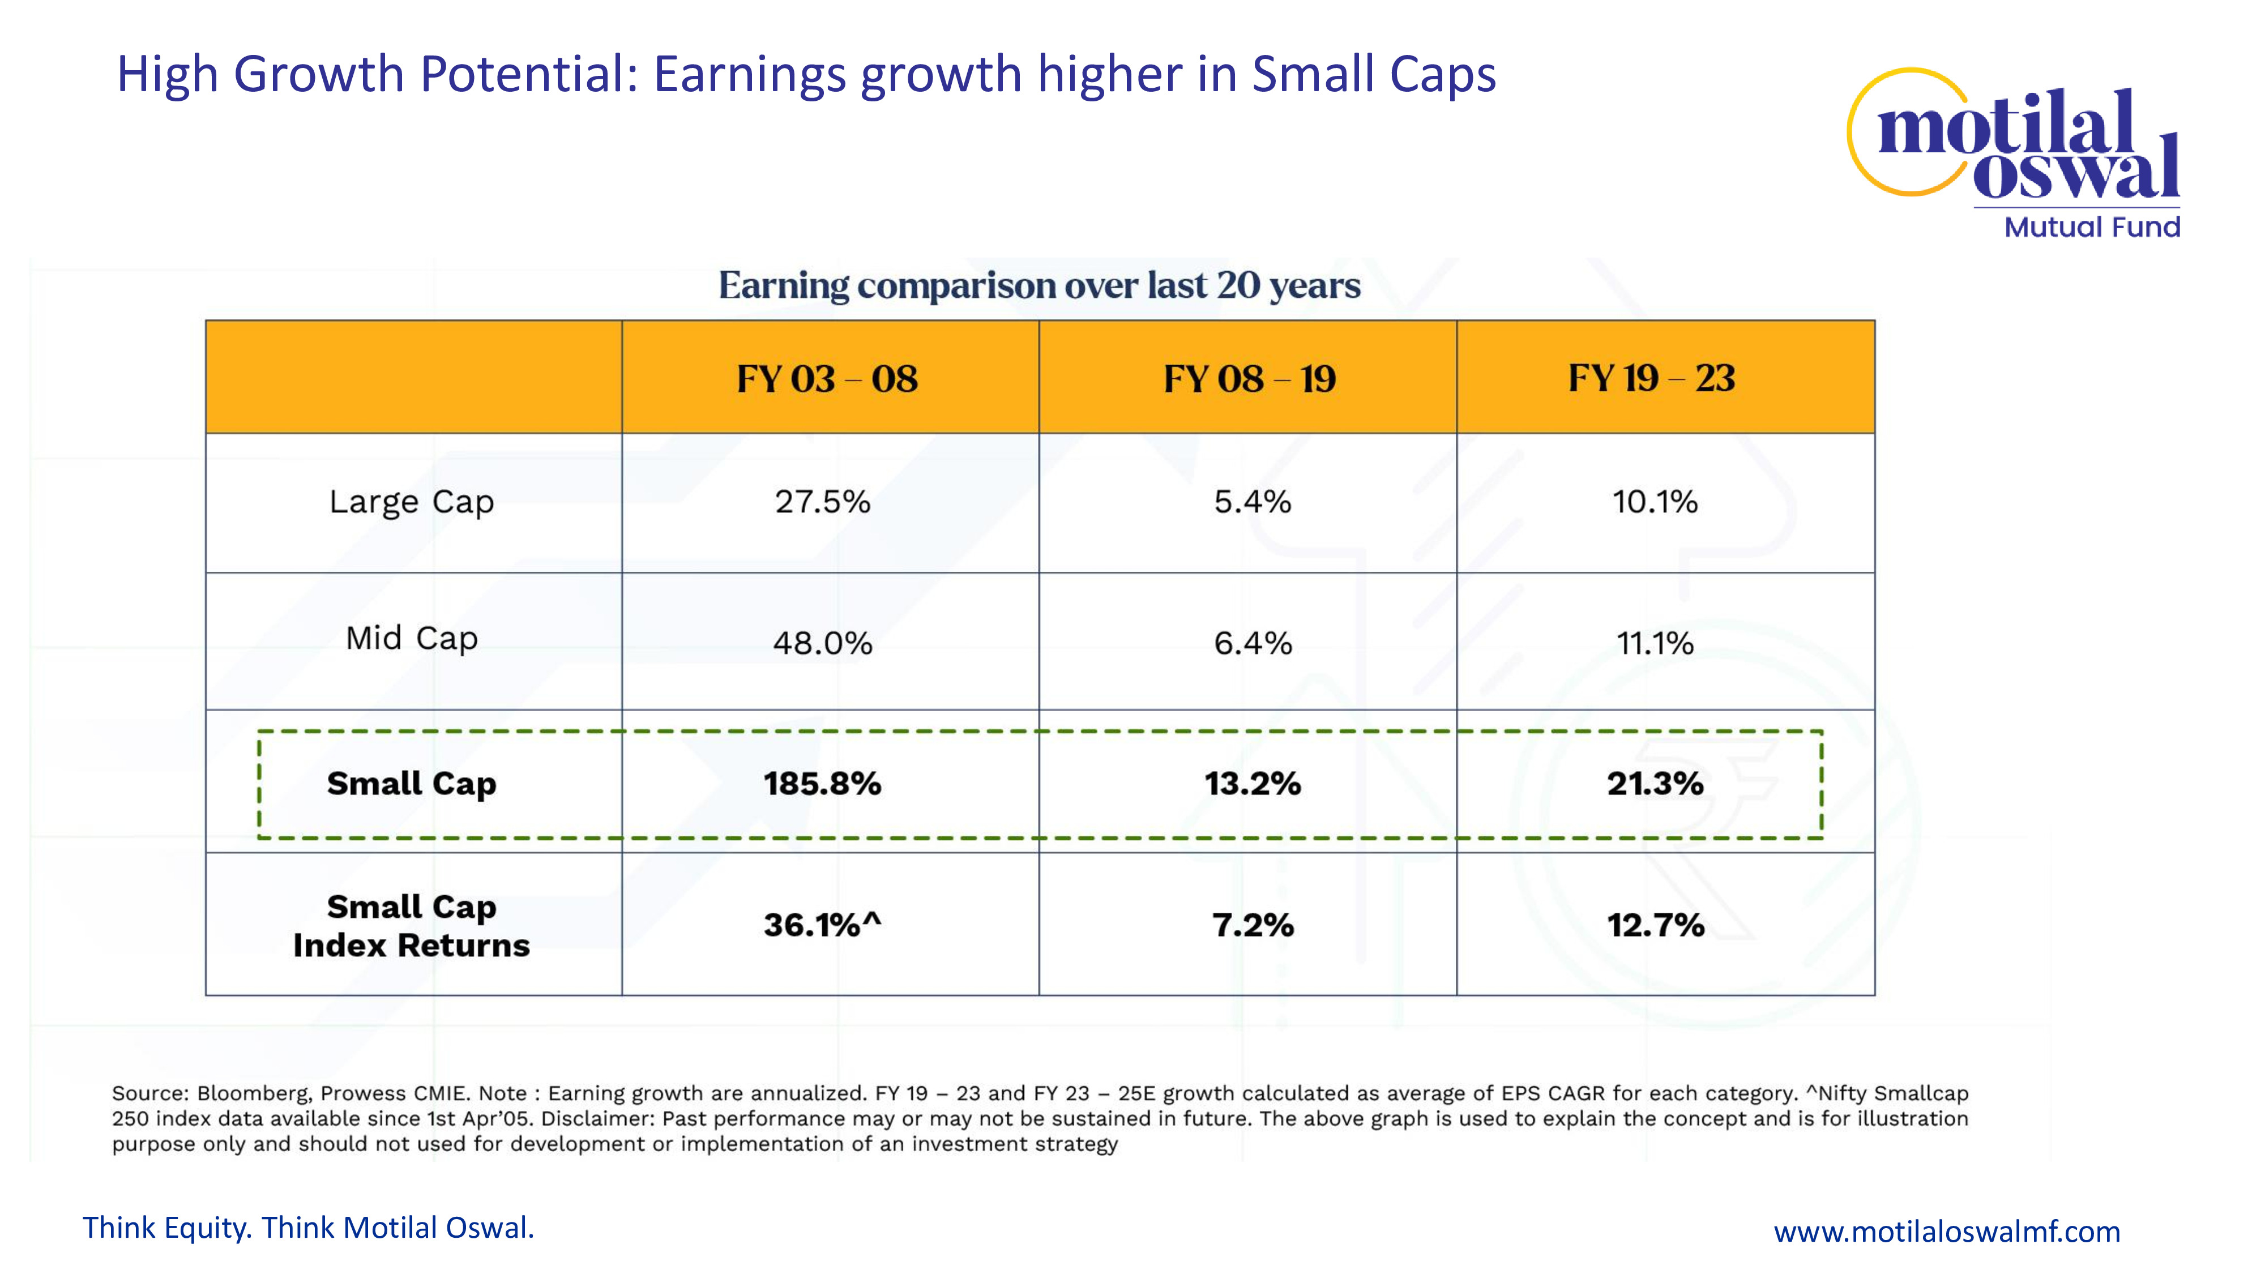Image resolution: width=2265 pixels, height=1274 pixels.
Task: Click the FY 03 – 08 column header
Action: tap(827, 379)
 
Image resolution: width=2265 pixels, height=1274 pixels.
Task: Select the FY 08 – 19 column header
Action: tap(1250, 379)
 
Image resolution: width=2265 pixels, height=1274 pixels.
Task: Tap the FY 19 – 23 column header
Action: tap(1651, 378)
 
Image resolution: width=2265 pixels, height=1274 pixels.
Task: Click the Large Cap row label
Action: tap(412, 502)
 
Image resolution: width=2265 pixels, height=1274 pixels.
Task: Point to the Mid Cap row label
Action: tap(412, 638)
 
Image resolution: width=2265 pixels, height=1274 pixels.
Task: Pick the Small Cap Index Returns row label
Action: tap(412, 926)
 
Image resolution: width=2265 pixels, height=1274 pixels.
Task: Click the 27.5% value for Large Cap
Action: tap(822, 502)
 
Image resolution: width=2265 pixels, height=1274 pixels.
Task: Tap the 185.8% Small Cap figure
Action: tap(822, 784)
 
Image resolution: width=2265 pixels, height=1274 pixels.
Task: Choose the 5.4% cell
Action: tap(1252, 502)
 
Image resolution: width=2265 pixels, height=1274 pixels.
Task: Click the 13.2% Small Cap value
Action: tap(1252, 784)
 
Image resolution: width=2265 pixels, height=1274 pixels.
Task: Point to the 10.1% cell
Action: tap(1655, 502)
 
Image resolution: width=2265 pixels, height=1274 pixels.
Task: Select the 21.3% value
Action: tap(1655, 784)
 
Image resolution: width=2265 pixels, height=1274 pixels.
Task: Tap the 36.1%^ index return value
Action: tap(822, 925)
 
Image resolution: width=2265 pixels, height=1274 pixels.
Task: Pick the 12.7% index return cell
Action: tap(1655, 925)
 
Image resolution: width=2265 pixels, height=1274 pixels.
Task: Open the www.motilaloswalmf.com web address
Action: tap(1947, 1232)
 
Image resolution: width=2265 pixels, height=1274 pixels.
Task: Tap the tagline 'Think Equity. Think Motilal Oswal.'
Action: tap(309, 1228)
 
